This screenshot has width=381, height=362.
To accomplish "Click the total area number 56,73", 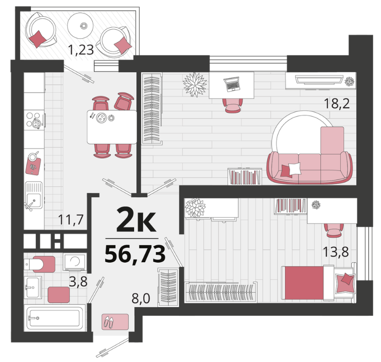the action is [135, 254].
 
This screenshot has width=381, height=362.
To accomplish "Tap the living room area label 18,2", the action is [337, 104].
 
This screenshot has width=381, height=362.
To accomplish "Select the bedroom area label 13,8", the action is [336, 252].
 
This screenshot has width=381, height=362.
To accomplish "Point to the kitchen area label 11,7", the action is [71, 219].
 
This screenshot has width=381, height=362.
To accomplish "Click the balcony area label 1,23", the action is [81, 50].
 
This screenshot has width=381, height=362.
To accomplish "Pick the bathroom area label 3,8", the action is [78, 282].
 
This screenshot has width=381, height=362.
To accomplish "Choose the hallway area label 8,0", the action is [141, 298].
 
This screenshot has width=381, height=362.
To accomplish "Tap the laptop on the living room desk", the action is [232, 84].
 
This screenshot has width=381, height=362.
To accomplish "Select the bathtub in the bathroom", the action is [55, 318].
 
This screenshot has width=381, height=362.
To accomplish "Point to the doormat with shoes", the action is [115, 322].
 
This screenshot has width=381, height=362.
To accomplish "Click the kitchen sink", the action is [34, 195].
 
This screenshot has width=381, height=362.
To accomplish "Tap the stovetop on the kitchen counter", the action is [35, 120].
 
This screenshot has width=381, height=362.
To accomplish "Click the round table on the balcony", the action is [80, 25].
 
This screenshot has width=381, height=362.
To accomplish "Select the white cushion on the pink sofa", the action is [294, 169].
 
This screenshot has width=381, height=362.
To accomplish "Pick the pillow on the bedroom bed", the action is [346, 283].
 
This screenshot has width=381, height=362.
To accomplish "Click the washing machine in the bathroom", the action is [74, 262].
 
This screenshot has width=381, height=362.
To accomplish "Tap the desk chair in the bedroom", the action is [334, 230].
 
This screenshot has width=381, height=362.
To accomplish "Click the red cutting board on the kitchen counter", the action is [33, 165].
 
